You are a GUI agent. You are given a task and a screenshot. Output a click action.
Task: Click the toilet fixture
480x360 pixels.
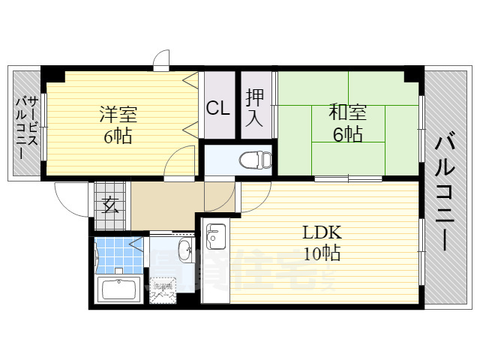(x=253, y=160)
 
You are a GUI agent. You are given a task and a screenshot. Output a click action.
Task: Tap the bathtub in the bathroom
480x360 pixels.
(x=119, y=289)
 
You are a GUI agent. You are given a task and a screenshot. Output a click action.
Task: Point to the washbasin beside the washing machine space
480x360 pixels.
(x=185, y=249)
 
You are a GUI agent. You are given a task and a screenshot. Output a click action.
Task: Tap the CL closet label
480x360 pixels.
(x=218, y=108)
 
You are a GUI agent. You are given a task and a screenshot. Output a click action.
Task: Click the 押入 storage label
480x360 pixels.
(x=253, y=106)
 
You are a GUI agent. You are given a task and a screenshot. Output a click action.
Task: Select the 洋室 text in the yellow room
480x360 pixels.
(x=118, y=115)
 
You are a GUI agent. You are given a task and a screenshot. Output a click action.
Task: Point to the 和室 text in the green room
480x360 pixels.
(x=347, y=113)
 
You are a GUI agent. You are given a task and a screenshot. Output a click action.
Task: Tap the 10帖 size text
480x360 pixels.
(x=322, y=253)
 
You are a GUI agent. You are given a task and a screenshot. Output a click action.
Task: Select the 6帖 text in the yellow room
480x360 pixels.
(x=118, y=137)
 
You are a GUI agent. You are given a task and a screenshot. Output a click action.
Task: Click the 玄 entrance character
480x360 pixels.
(x=111, y=205)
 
